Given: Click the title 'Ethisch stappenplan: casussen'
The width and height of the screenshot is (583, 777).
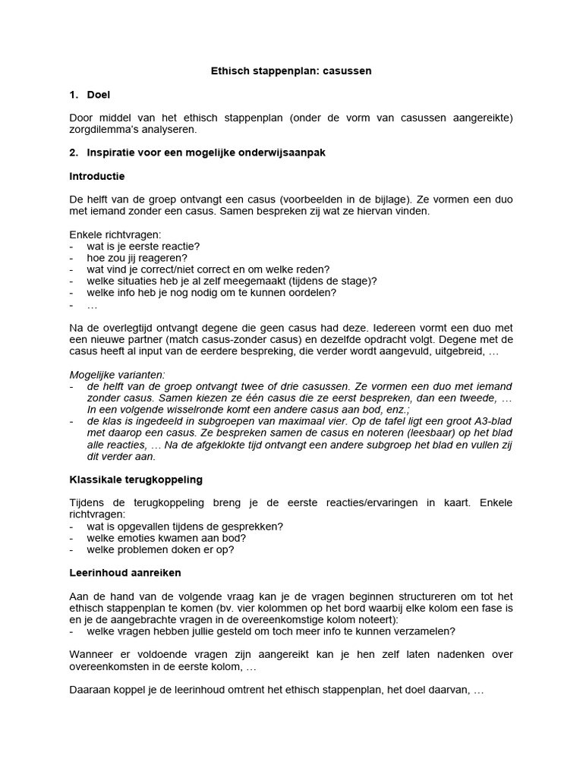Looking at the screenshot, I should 291,71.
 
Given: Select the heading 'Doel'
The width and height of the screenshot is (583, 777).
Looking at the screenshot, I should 99,95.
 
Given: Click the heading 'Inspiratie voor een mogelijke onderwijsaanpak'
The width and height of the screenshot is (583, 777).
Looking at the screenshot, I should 206,153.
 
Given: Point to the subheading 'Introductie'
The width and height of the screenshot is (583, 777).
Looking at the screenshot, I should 96,176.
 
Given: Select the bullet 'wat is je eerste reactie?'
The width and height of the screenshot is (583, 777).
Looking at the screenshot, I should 143,247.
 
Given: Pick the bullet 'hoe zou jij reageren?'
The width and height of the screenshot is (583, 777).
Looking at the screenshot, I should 137,258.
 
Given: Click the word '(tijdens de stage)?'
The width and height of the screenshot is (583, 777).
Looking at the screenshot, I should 335,281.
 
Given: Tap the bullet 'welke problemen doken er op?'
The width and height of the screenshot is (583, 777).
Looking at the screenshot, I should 160,549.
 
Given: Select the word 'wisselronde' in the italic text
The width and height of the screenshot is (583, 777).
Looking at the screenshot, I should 207,410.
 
